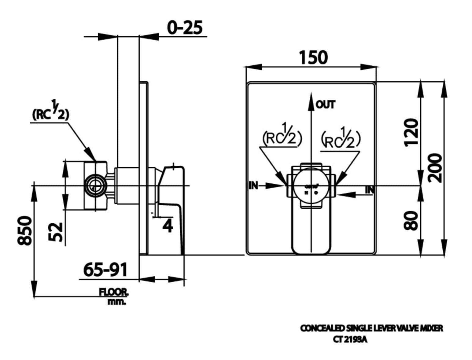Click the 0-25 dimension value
tap(185, 28)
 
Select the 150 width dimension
tap(313, 57)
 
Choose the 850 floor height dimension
tap(24, 230)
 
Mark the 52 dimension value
tap(56, 232)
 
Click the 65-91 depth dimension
tap(105, 270)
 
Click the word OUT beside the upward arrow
tap(325, 105)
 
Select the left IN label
tap(253, 185)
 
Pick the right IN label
tap(370, 190)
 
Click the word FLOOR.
tap(113, 292)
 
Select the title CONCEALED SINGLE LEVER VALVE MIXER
tap(371, 328)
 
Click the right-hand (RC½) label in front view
tap(341, 139)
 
